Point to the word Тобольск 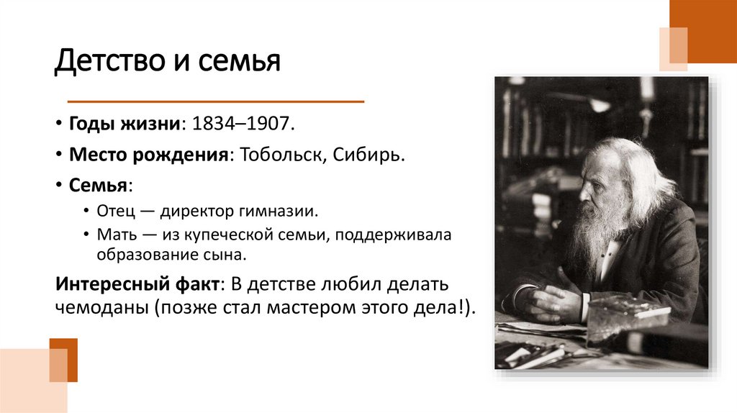coord(281,155)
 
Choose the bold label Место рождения coord(148,155)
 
